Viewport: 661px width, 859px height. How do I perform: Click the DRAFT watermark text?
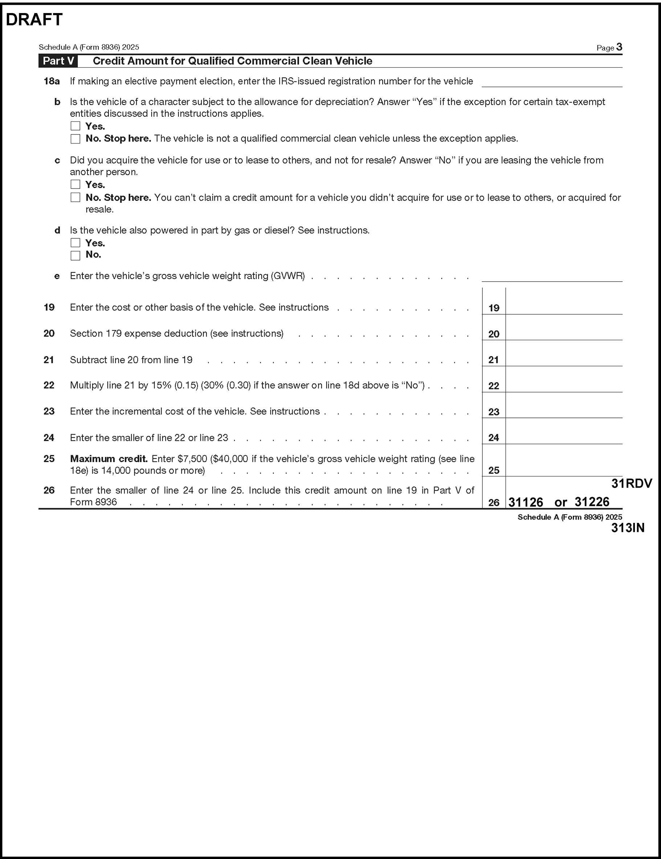pos(34,20)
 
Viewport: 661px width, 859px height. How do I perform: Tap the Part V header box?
pos(58,61)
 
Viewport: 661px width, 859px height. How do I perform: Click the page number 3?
pos(619,47)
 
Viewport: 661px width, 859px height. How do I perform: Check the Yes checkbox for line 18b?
pos(76,126)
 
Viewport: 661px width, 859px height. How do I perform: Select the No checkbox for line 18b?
pos(76,139)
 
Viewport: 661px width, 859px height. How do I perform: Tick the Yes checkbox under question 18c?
pos(76,185)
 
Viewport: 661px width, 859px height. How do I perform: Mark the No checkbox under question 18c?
pos(76,197)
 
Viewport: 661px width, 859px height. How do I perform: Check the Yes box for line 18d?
pos(76,243)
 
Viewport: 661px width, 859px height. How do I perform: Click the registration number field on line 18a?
pos(552,82)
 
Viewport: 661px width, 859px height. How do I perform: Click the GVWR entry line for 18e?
pos(552,276)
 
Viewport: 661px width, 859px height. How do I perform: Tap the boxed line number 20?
pos(494,334)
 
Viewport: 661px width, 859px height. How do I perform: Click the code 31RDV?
pos(632,483)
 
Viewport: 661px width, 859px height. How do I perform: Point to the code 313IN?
pos(628,528)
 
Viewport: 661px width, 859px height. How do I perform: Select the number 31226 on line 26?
pos(592,502)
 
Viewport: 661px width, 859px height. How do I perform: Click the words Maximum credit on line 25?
pos(109,459)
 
